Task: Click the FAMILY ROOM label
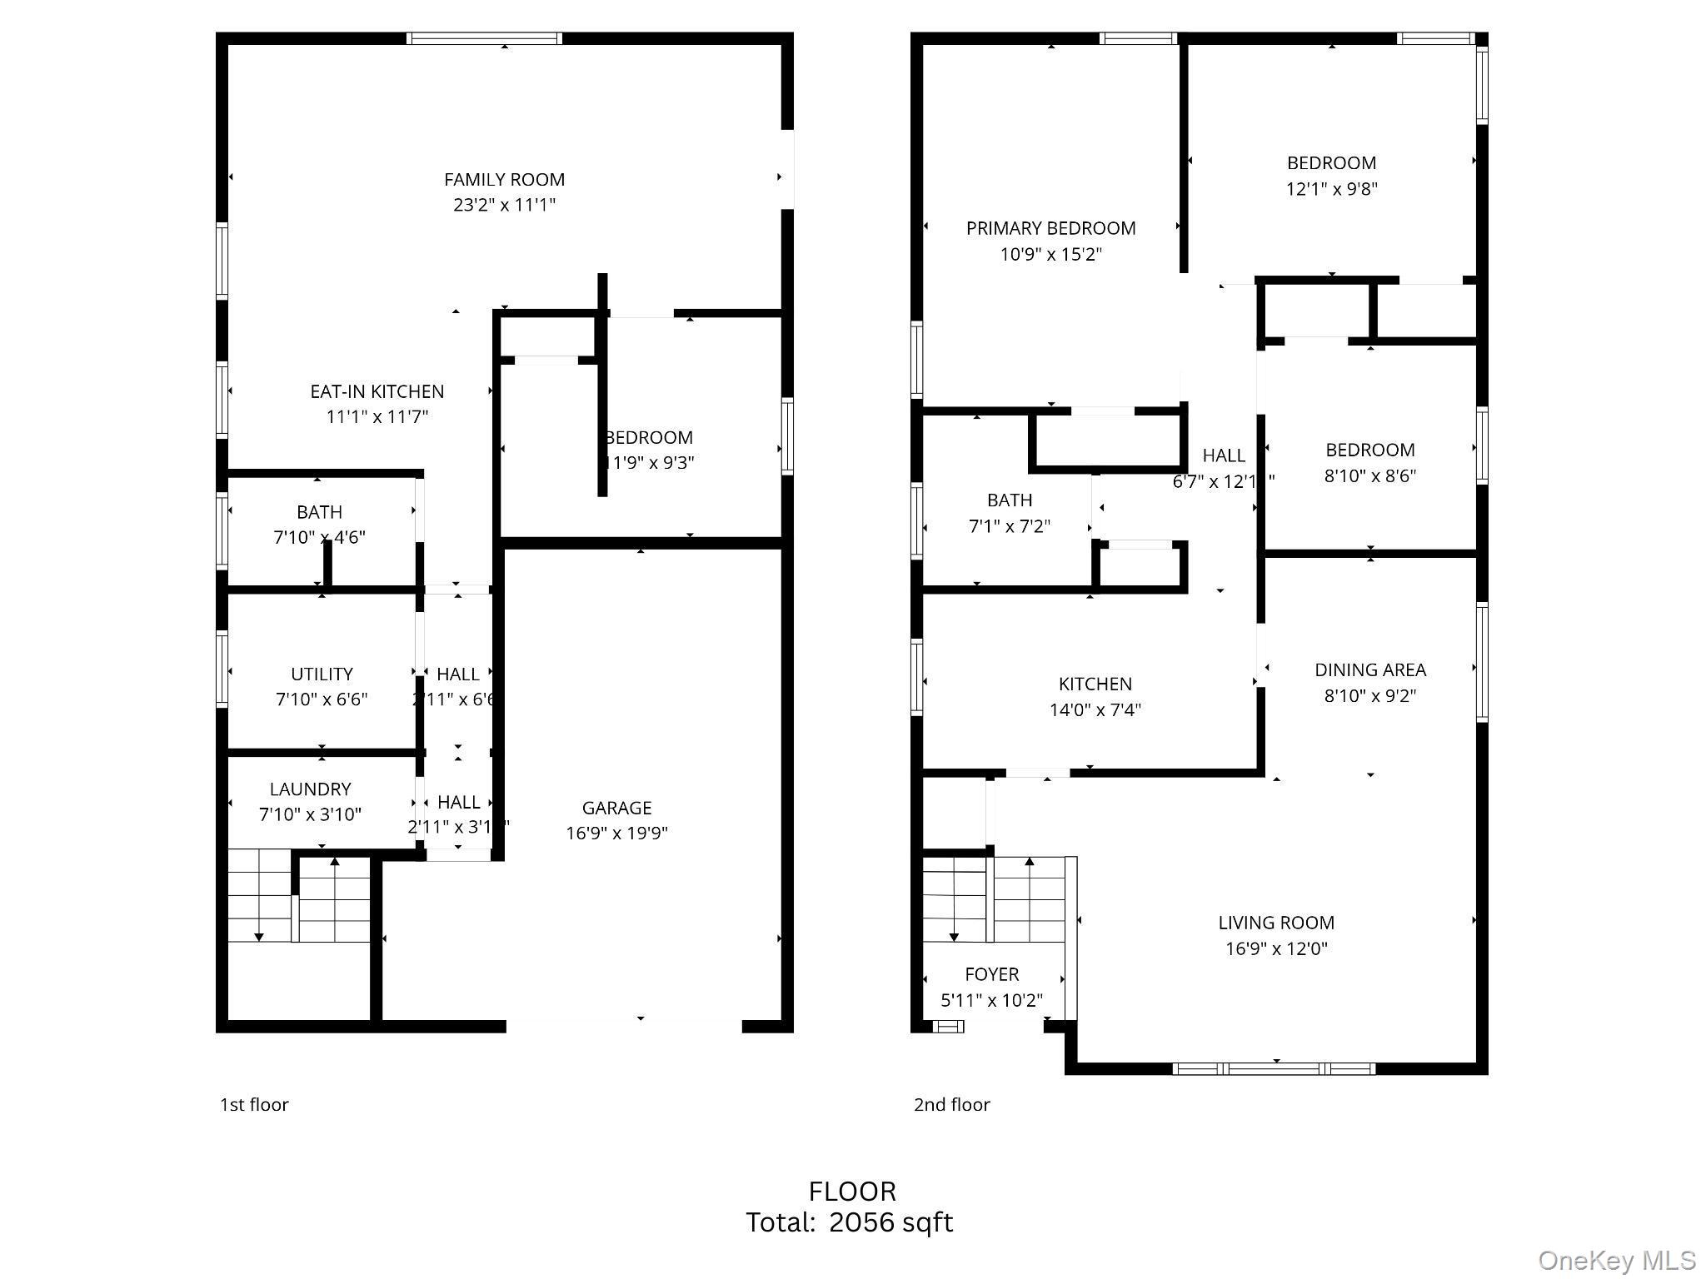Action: [504, 180]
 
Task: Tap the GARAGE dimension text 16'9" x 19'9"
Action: [616, 833]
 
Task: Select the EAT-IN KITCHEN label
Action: [377, 391]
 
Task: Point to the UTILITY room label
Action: [322, 674]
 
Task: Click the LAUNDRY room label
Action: [310, 789]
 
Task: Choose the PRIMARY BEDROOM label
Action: [1050, 228]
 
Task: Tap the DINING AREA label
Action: [1369, 669]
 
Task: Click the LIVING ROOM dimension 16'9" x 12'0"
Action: [1275, 948]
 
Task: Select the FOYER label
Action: [991, 974]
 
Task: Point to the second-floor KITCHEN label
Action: [1095, 684]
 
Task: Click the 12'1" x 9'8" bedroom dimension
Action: [1331, 189]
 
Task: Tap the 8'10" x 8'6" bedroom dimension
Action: [1369, 476]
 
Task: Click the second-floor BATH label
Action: [1009, 500]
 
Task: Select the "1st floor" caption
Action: [254, 1105]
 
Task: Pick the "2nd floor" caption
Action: [951, 1105]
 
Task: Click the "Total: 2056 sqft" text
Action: [849, 1222]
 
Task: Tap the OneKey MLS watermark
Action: [1616, 1261]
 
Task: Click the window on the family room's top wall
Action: [484, 38]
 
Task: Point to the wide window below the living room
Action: [1274, 1068]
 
